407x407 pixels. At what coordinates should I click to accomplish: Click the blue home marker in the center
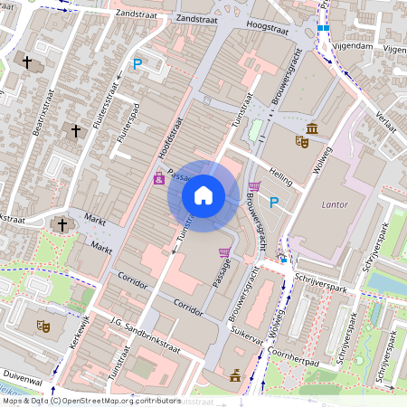[x=203, y=194]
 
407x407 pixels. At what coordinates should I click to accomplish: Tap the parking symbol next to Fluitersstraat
[x=137, y=64]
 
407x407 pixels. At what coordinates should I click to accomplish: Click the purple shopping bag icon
[x=159, y=178]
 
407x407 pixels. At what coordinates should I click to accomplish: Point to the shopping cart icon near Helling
[x=254, y=187]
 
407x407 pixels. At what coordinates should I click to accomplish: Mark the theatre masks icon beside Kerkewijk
[x=42, y=326]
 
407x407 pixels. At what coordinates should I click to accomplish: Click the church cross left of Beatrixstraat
[x=27, y=63]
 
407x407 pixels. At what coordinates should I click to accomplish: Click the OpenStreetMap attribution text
[x=90, y=401]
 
